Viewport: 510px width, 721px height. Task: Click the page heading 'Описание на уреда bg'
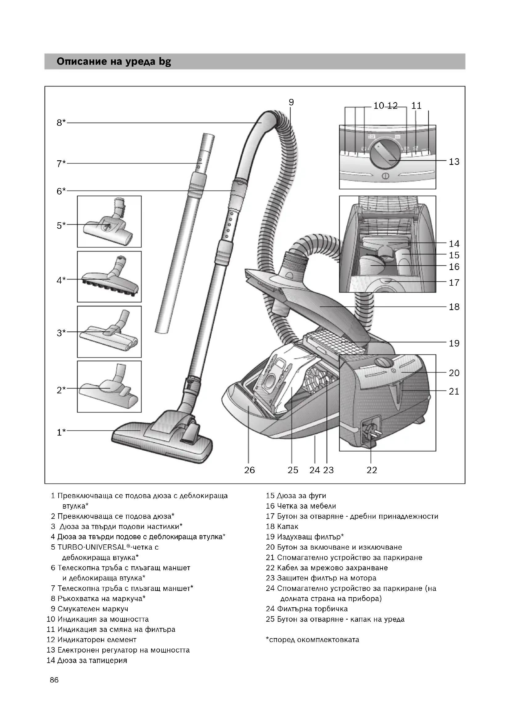(x=114, y=62)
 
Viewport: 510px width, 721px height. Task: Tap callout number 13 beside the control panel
(x=454, y=162)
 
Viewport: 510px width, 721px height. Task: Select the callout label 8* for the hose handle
(x=61, y=122)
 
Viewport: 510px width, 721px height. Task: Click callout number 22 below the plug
(x=372, y=470)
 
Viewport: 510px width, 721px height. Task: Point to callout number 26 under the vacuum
(x=249, y=470)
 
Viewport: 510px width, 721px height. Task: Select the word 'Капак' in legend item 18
(x=288, y=526)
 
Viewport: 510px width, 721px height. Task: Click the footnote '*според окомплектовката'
(x=312, y=640)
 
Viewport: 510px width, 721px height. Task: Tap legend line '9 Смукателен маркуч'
(x=89, y=609)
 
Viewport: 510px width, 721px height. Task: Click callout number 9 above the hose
(x=291, y=102)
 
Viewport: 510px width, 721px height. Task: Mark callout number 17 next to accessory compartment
(x=454, y=283)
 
